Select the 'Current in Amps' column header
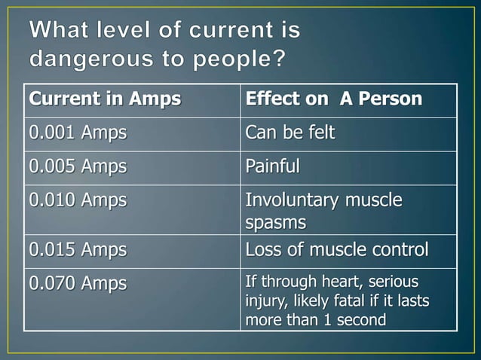point(105,99)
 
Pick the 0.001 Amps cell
point(78,133)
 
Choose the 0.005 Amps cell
point(78,166)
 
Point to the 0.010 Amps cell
point(78,200)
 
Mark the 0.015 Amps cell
point(78,249)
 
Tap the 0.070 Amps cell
point(78,284)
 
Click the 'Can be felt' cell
point(290,133)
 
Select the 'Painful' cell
point(272,166)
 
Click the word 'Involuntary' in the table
point(292,200)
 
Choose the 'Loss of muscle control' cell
point(336,249)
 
